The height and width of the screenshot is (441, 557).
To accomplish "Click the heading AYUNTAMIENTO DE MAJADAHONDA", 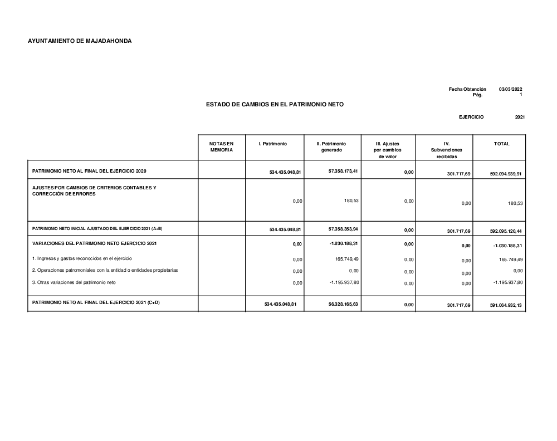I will click(80, 41).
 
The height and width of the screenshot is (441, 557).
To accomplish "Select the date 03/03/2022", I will click(511, 90).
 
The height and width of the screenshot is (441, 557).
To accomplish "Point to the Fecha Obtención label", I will click(467, 90).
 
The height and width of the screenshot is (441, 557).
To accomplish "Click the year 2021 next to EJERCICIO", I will click(520, 117).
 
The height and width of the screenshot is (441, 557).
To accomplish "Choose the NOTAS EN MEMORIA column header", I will click(222, 147).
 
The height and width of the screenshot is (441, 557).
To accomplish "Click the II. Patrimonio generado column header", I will click(331, 147).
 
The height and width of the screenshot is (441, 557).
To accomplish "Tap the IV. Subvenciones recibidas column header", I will click(446, 150).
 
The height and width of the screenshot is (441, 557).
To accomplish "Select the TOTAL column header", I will click(501, 144).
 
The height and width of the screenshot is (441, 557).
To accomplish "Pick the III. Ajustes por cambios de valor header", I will click(388, 150).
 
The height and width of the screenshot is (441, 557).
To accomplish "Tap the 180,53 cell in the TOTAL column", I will click(515, 203).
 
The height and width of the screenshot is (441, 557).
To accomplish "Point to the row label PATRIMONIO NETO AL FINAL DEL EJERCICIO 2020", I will click(90, 170).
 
